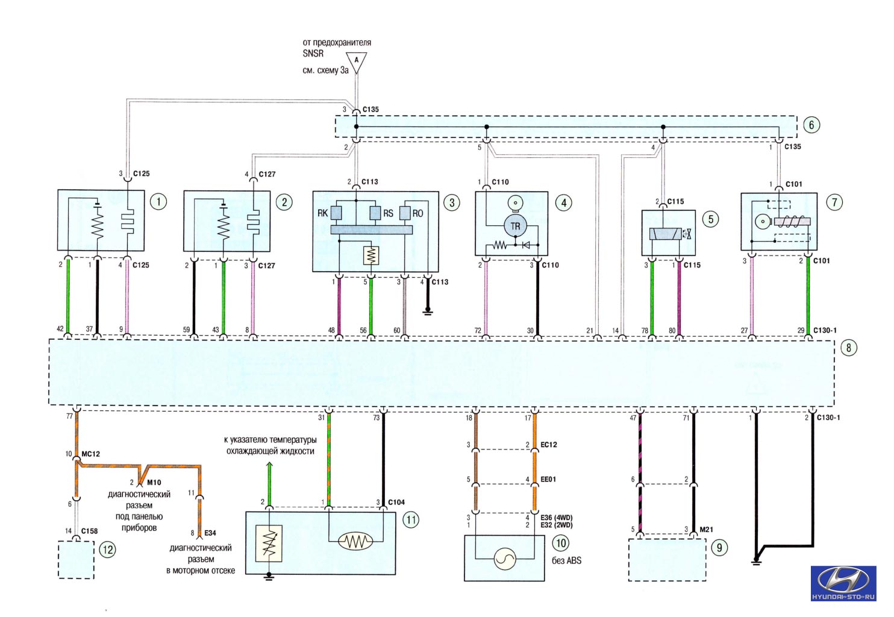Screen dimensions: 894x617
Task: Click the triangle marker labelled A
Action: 356,62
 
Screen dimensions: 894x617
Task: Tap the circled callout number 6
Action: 811,125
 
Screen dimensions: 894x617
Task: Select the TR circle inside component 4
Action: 515,227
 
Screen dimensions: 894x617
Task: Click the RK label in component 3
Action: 322,213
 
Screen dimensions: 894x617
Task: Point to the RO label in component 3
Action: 417,213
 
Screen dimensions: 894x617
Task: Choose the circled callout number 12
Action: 108,550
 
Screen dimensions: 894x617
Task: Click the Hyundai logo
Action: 843,583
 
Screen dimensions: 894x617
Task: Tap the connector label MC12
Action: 90,454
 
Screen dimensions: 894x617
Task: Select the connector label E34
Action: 210,533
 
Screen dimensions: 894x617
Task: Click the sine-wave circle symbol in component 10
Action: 505,559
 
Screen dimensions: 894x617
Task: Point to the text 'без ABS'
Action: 566,560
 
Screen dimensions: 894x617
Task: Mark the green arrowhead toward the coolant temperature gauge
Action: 269,465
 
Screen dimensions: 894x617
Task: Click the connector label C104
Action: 396,502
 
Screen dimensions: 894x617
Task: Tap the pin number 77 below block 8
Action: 69,416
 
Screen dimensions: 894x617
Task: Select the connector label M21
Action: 706,529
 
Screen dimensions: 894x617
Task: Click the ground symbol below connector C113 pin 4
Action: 428,310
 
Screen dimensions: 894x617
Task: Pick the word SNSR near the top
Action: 313,54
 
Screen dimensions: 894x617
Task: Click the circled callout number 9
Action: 719,547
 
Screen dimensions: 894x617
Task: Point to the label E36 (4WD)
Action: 557,518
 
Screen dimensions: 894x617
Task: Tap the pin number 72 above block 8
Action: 478,330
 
